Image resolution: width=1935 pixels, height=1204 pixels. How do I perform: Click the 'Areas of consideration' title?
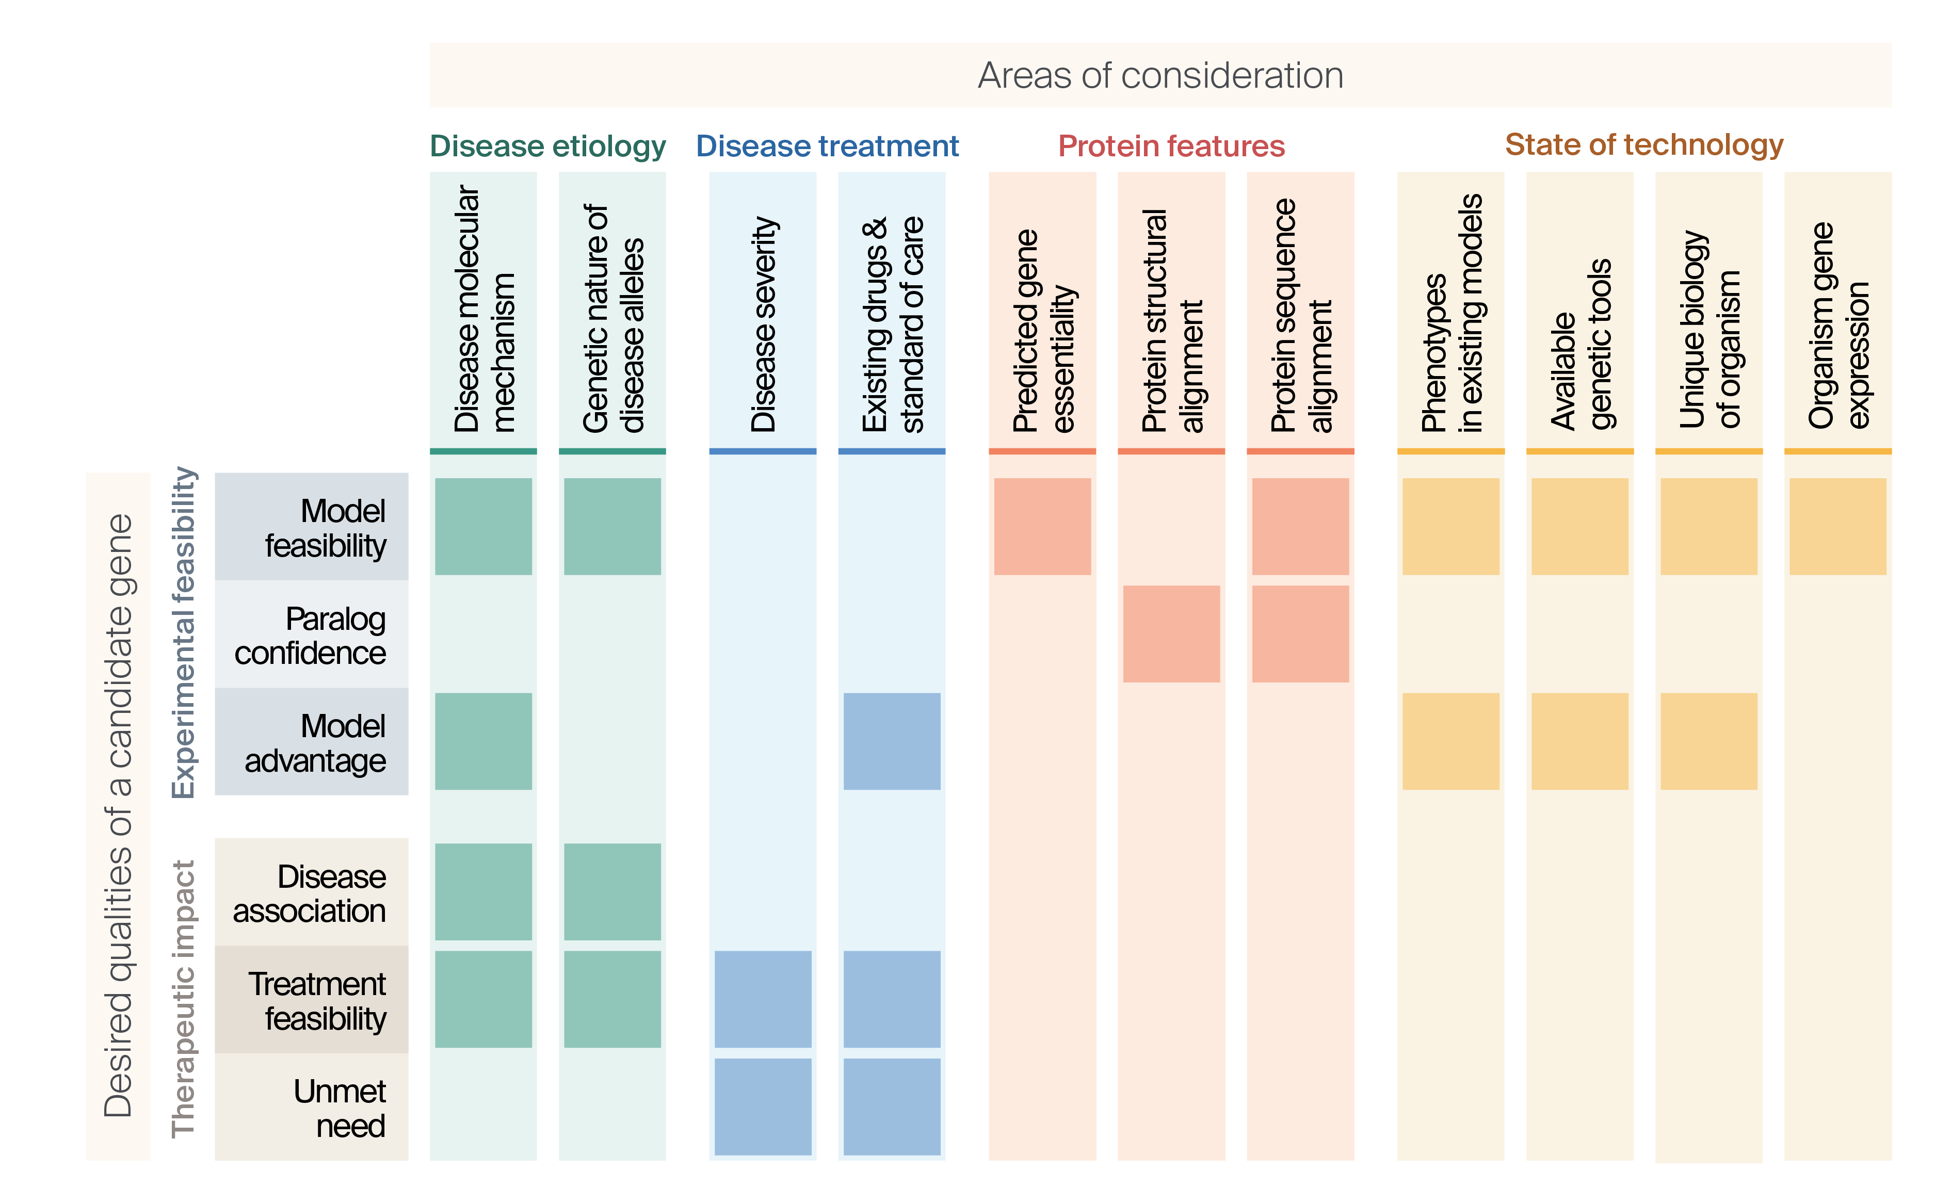coord(1159,76)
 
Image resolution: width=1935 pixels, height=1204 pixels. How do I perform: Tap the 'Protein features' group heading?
coord(1171,147)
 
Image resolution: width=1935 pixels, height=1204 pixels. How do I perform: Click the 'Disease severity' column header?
coord(762,322)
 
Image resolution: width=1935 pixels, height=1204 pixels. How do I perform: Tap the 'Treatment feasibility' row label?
coord(317,1000)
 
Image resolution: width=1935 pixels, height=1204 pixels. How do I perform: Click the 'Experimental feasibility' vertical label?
coord(184,632)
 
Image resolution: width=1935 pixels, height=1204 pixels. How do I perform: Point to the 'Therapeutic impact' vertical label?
coord(183,999)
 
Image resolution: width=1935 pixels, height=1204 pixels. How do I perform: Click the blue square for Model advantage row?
coord(891,741)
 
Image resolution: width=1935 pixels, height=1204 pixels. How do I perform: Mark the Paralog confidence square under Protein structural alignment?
coord(1171,634)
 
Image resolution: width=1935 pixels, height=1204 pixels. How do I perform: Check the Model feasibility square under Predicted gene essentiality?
coord(1042,526)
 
